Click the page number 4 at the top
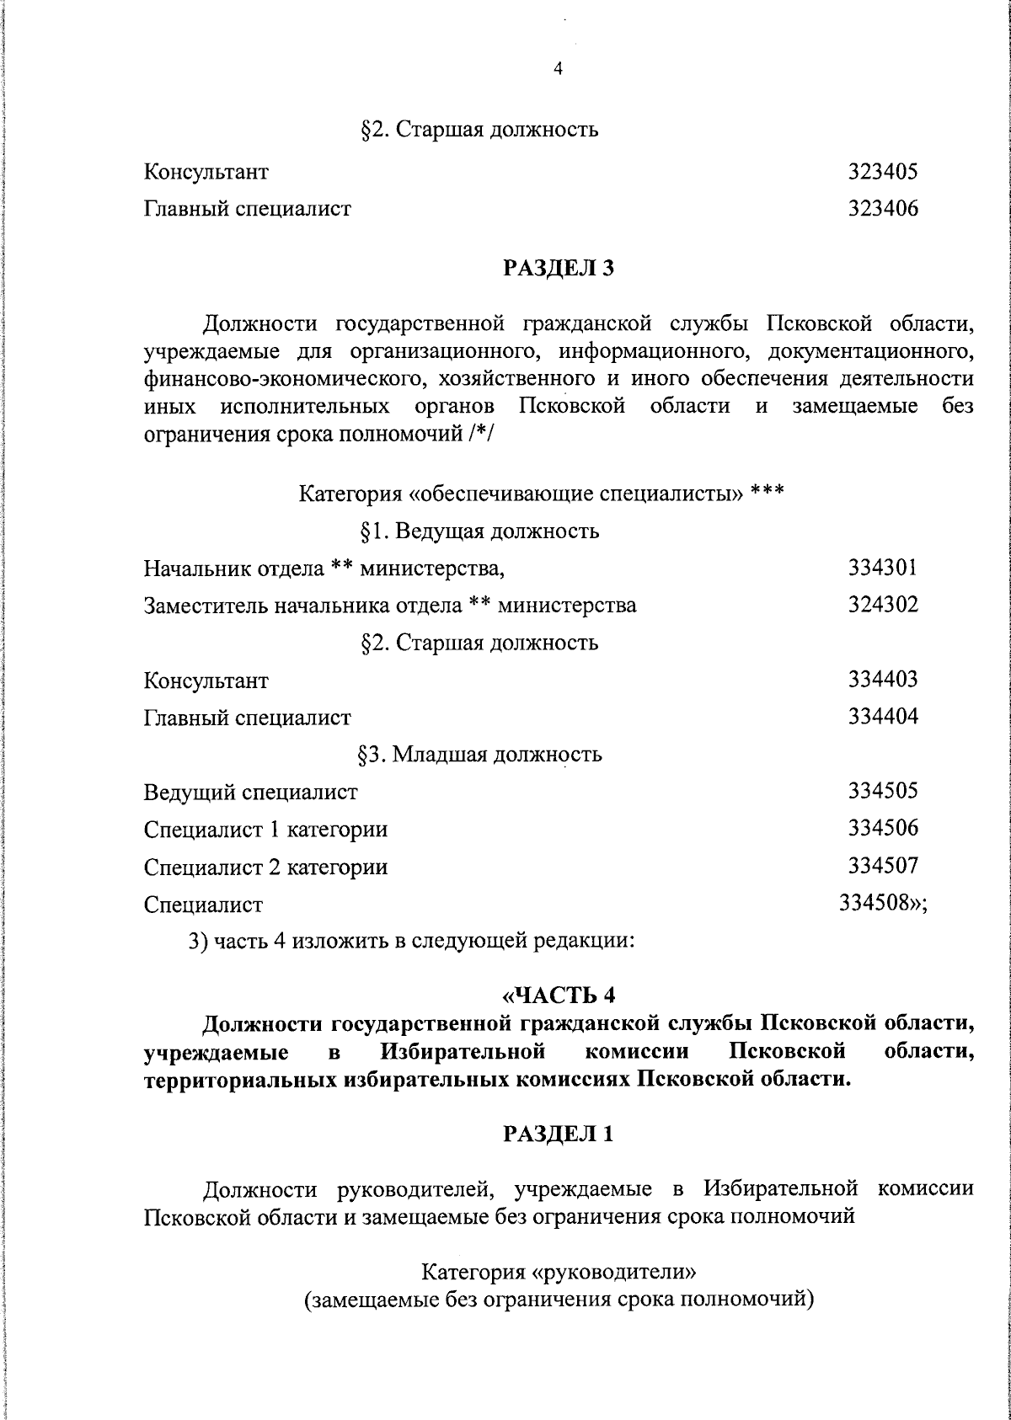557,70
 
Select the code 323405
882,173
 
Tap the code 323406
882,209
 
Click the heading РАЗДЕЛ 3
559,269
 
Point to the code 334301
882,568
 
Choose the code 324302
882,605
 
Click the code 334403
882,679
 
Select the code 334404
882,716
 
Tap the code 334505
882,791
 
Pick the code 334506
882,828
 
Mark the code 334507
882,865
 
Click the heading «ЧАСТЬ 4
559,996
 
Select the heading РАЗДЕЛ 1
559,1134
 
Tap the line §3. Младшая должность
479,754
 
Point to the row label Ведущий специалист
250,793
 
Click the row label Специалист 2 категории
265,867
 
